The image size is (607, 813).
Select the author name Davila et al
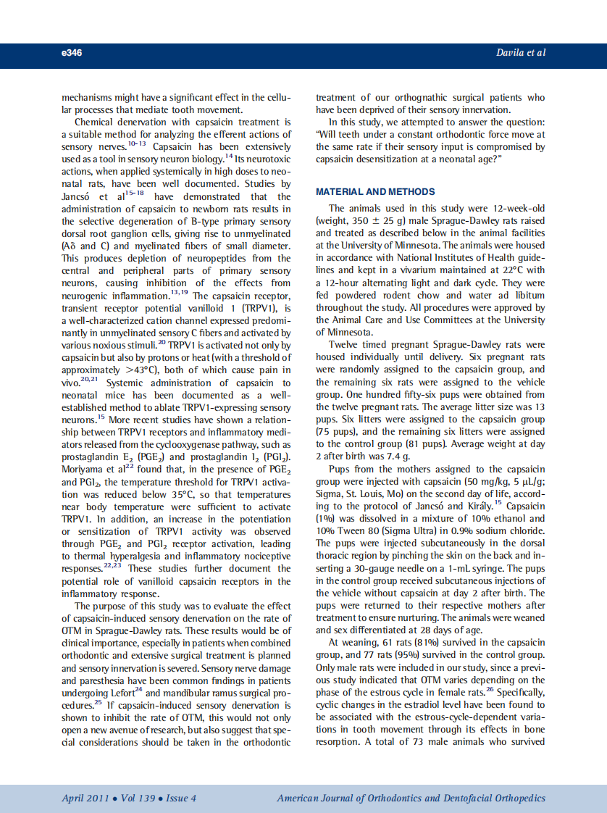point(522,53)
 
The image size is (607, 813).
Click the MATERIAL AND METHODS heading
point(375,192)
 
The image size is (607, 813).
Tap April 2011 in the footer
point(85,799)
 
